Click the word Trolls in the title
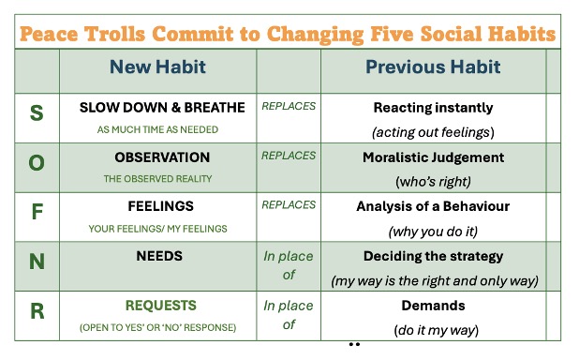(x=115, y=34)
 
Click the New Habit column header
(x=157, y=67)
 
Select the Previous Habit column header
(x=433, y=67)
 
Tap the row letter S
(x=37, y=112)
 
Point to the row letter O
(x=37, y=162)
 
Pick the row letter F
(x=37, y=212)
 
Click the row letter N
(x=37, y=262)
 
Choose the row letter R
(x=37, y=311)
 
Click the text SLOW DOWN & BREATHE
(x=162, y=108)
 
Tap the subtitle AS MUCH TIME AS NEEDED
(x=157, y=129)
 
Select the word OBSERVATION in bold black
(x=162, y=157)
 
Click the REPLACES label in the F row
(x=289, y=204)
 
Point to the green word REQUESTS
(x=161, y=306)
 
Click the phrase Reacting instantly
(x=433, y=108)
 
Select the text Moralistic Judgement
(x=433, y=157)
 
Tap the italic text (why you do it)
(x=433, y=232)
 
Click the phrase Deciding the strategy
(x=433, y=257)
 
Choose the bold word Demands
(x=433, y=306)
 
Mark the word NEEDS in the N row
(x=159, y=256)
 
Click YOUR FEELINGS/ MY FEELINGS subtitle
(x=157, y=229)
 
